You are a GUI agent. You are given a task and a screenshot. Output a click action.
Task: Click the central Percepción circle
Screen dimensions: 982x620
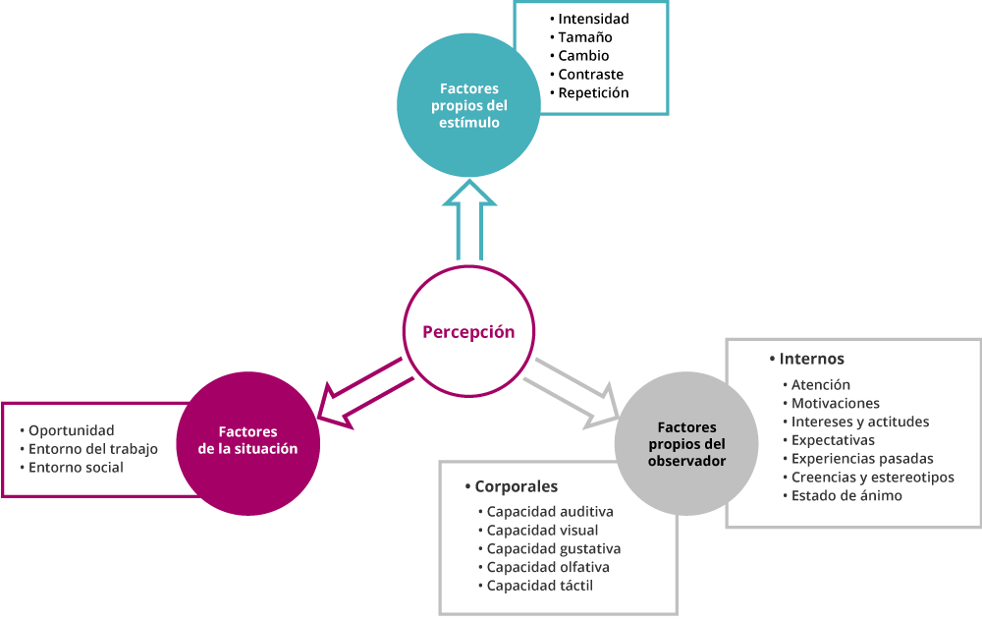click(x=468, y=331)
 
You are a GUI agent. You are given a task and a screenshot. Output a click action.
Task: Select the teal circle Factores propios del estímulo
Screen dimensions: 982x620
click(x=468, y=105)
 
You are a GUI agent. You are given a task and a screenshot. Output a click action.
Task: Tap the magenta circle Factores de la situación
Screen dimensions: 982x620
click(x=248, y=444)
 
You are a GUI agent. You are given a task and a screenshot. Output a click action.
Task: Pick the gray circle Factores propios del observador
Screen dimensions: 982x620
click(x=686, y=444)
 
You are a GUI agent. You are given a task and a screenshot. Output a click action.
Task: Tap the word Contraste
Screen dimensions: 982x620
click(x=590, y=74)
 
